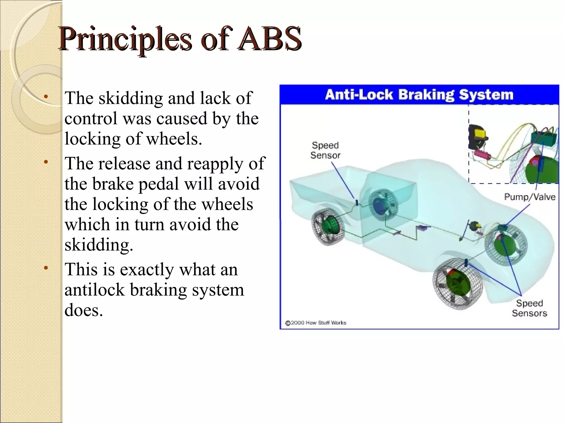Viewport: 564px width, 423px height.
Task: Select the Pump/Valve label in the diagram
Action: tap(530, 197)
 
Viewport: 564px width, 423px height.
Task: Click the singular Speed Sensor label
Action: tap(325, 150)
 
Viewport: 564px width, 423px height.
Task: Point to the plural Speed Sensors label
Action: tap(529, 308)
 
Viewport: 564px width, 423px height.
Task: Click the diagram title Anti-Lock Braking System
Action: tap(419, 94)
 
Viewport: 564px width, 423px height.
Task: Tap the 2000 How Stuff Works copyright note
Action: tap(316, 323)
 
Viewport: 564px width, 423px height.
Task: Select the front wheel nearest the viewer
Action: tap(457, 284)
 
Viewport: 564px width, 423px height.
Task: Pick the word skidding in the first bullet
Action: tap(131, 98)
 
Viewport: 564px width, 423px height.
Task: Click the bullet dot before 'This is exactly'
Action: tap(46, 268)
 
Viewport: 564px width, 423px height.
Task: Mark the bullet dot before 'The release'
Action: tap(46, 162)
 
